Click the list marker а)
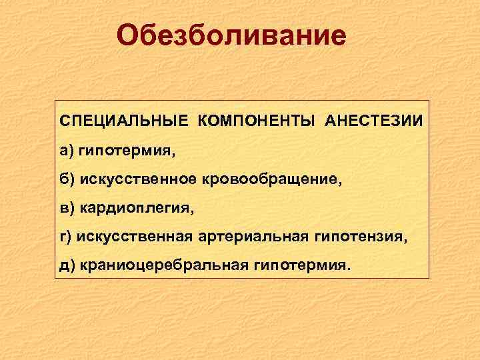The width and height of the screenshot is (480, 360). click(x=67, y=151)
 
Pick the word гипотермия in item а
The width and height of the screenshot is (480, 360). click(x=126, y=151)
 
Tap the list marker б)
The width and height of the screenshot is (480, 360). click(x=67, y=179)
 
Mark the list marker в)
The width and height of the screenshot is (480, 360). click(x=67, y=208)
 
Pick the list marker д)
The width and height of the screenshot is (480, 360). click(x=67, y=265)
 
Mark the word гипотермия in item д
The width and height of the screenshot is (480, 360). click(x=299, y=266)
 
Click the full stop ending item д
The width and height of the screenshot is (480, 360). click(x=345, y=270)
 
